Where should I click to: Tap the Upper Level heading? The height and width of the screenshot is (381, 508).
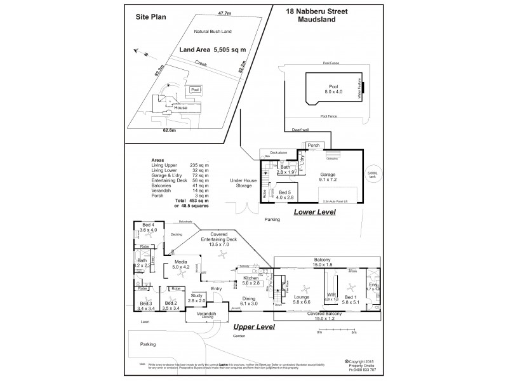(x=254, y=327)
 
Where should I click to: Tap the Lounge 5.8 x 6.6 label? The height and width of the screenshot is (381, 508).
(x=302, y=299)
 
